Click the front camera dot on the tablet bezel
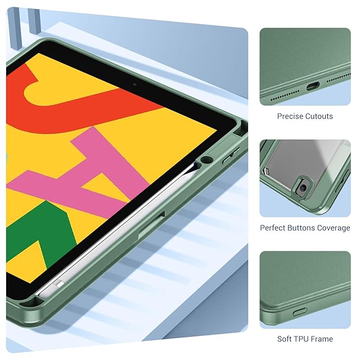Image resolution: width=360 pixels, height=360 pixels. (134, 84)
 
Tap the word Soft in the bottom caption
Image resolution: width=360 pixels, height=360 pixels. (284, 339)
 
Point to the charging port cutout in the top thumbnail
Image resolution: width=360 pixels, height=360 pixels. (313, 87)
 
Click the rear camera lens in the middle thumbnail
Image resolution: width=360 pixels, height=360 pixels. (303, 187)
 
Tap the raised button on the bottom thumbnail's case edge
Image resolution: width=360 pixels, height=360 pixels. (300, 312)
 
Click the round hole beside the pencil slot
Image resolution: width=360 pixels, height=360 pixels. (206, 160)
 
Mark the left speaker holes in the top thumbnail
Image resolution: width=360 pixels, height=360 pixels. (285, 96)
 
